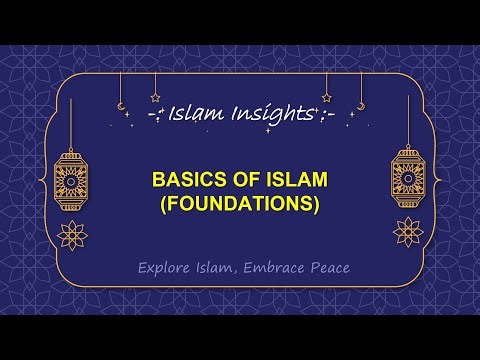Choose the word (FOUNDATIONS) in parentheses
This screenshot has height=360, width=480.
240,206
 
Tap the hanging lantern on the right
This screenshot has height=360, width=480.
408,180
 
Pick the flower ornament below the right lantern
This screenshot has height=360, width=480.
408,234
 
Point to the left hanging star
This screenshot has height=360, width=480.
155,98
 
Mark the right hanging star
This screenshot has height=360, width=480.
326,98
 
